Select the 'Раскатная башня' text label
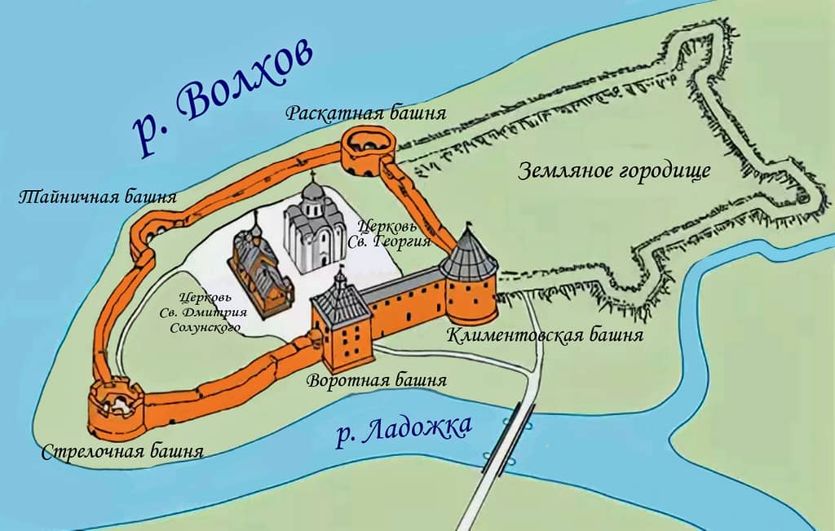[365, 113]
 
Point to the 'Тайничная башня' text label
[98, 197]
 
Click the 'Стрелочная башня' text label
[122, 451]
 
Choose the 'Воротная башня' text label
[376, 381]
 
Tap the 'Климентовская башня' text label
[545, 335]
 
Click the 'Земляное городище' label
[614, 171]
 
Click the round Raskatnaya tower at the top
[368, 153]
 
